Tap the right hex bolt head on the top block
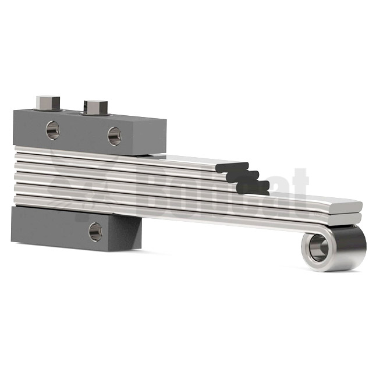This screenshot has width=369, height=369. [94, 107]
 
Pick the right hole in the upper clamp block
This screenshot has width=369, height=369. [114, 136]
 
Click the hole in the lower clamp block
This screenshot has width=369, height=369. [95, 231]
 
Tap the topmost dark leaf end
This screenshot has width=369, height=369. [232, 168]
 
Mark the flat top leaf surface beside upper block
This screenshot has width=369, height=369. [192, 161]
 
